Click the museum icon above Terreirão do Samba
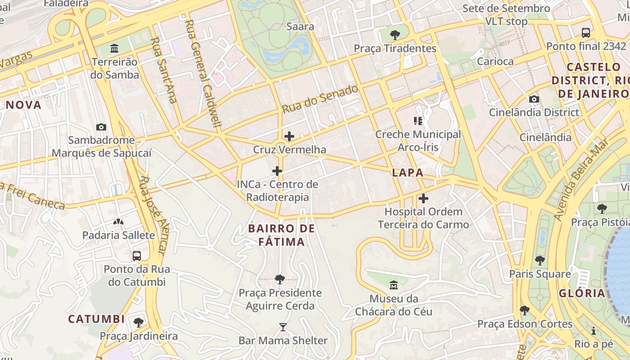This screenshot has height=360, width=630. (114, 48)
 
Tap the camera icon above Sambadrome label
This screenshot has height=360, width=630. (101, 127)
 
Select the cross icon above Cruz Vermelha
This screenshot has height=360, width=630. (289, 136)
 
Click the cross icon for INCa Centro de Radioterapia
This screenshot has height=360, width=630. (277, 171)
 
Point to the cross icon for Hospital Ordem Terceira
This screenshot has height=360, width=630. (423, 198)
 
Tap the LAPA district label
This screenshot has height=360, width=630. (407, 172)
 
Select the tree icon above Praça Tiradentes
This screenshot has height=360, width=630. (395, 35)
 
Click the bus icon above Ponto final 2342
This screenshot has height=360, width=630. (585, 32)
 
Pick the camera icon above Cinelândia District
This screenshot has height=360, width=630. (534, 99)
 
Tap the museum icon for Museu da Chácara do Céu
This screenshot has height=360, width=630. (394, 285)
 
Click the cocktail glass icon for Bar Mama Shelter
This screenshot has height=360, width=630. (283, 327)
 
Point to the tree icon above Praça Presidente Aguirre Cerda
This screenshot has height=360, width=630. (279, 279)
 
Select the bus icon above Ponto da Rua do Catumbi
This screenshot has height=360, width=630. (137, 256)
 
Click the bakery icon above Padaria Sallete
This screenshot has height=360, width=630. (118, 221)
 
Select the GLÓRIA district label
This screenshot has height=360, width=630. (582, 293)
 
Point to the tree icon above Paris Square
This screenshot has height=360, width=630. (540, 260)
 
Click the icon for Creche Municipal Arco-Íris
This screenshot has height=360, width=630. (418, 121)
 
